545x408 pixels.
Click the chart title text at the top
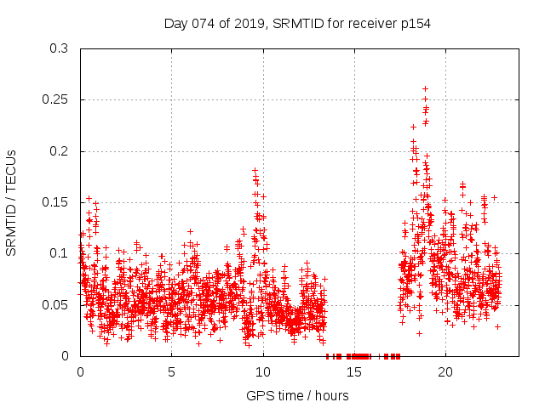click(297, 24)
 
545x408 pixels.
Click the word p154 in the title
click(414, 24)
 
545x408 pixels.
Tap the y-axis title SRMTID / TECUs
click(12, 202)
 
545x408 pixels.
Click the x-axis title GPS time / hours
click(297, 395)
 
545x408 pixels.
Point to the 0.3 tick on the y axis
click(59, 49)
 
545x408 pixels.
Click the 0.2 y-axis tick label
click(59, 151)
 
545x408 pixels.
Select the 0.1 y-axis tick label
click(59, 253)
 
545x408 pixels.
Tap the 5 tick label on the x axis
click(171, 372)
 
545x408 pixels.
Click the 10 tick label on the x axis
click(263, 372)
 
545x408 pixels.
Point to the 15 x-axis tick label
click(354, 372)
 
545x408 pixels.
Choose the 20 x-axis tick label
click(445, 372)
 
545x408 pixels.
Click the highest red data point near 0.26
click(425, 88)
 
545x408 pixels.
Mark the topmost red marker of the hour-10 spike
click(255, 171)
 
